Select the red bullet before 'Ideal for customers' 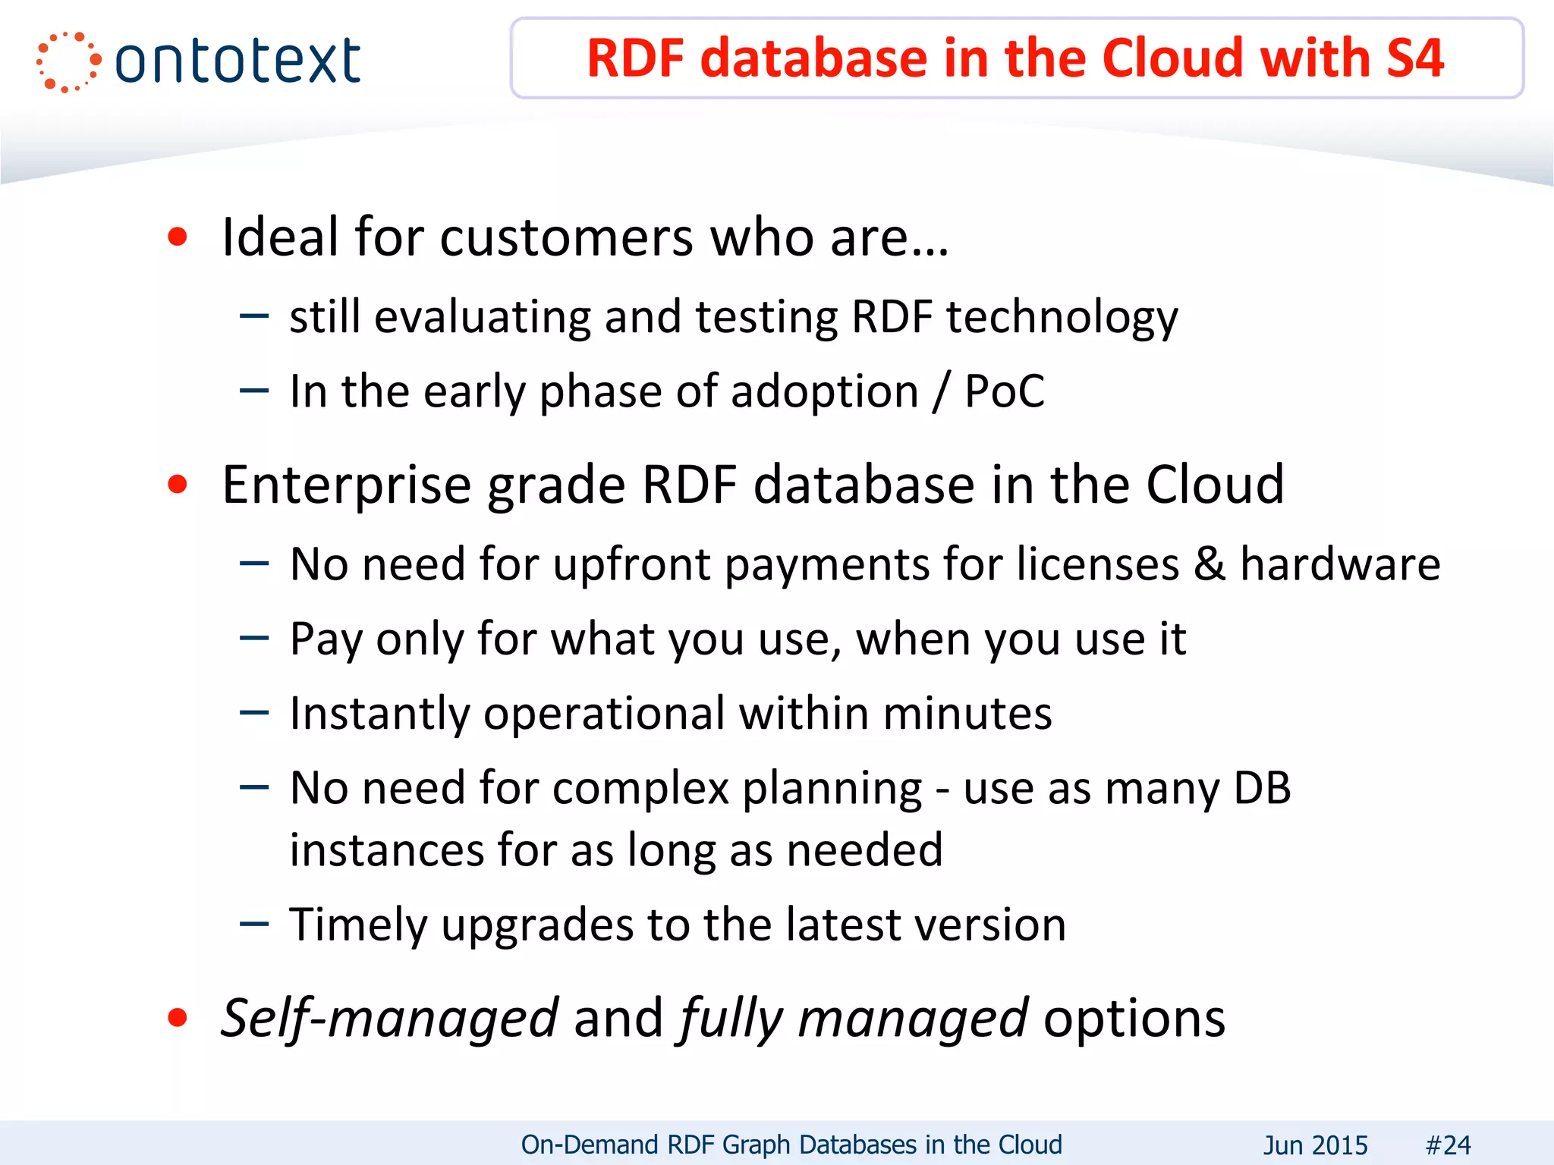(x=178, y=237)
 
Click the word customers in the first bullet (x=566, y=237)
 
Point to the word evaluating (x=483, y=316)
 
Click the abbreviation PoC (x=1004, y=391)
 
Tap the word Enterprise (x=346, y=485)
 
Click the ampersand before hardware (x=1209, y=564)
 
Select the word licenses (x=1098, y=564)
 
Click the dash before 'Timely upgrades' (x=254, y=924)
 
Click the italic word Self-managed (x=389, y=1018)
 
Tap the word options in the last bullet (x=1134, y=1018)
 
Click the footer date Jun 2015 (x=1315, y=1145)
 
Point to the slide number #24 (x=1448, y=1145)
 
